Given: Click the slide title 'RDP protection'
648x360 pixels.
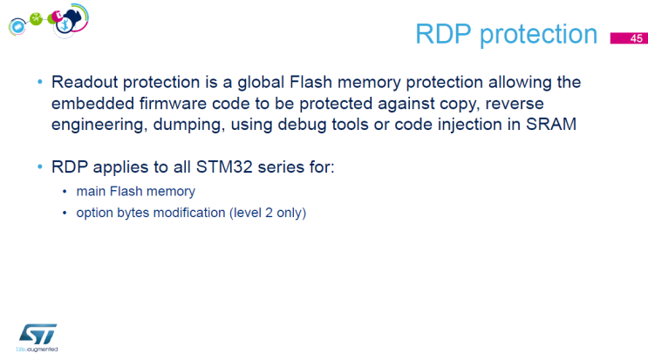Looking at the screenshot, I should pos(506,35).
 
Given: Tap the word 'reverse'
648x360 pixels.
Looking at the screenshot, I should pos(535,104).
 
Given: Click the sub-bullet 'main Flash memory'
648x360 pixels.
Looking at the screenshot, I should pos(135,191).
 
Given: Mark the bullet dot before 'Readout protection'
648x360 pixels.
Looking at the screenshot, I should pos(38,83).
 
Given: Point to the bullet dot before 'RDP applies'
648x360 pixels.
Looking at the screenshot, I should pos(38,166).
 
